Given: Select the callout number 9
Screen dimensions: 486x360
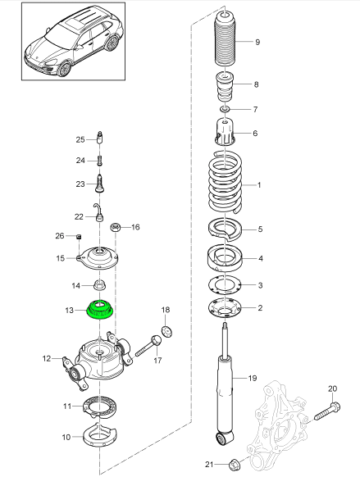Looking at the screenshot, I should tap(257, 42).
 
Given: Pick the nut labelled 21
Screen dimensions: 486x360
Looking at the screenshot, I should tap(233, 465).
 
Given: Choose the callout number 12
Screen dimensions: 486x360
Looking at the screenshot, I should tap(45, 357).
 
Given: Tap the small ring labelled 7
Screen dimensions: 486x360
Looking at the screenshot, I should tap(225, 109).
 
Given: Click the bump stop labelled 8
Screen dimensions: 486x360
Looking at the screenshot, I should tap(225, 86).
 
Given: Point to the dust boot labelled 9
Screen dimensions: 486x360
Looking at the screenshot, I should tap(225, 41).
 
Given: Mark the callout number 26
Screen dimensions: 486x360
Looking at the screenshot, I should tap(60, 236).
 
